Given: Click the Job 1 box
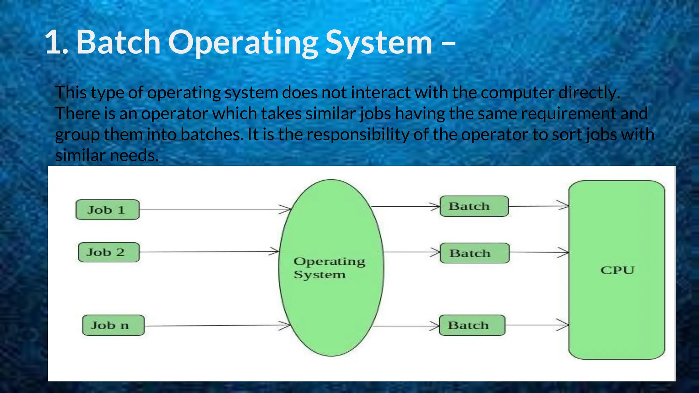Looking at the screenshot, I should click(107, 210).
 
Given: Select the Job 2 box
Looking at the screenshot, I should click(109, 252).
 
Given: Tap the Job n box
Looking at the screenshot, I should click(113, 325).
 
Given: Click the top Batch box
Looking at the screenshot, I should click(474, 206).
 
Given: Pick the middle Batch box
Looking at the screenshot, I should click(474, 253).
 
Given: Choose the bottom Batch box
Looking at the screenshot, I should click(472, 325).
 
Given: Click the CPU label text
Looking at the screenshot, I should click(617, 270).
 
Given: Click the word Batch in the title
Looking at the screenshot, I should click(118, 42).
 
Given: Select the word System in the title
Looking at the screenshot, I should click(379, 42).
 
